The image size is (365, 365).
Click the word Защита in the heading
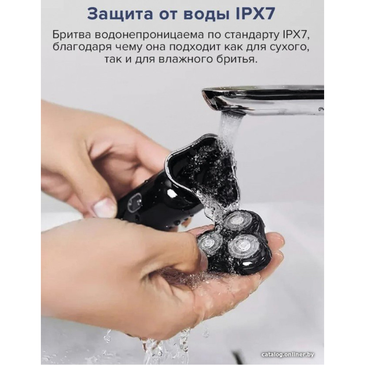pos(120,14)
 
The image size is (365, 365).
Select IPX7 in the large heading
pos(255,14)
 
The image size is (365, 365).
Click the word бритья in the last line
pos(243,59)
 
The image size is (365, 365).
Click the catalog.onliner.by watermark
pos(288,354)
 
